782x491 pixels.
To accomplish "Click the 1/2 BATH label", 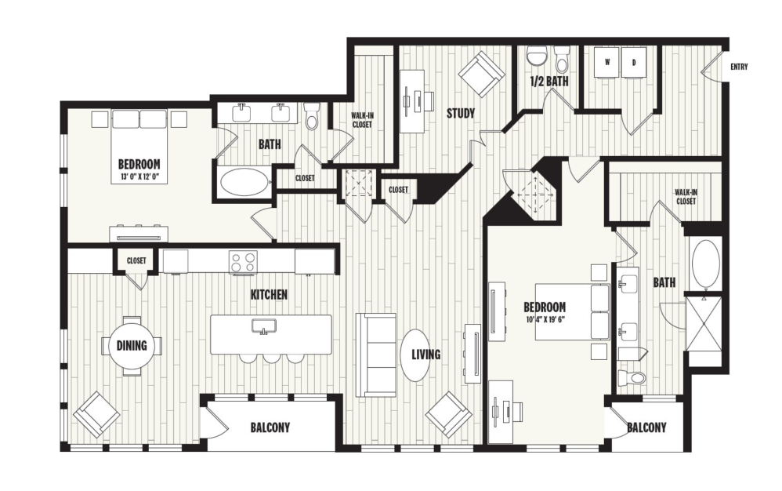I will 549,81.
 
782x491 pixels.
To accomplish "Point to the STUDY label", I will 461,113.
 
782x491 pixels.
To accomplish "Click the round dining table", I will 132,345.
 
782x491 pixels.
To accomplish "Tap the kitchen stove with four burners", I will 243,261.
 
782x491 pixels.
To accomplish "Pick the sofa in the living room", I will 376,355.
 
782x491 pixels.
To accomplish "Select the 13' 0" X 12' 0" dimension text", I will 139,176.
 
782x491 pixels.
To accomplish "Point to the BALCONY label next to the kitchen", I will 270,427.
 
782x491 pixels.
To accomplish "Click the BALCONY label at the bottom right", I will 646,427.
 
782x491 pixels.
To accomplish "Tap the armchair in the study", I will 482,74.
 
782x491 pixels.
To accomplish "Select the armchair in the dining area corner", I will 96,413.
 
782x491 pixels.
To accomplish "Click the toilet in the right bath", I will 631,379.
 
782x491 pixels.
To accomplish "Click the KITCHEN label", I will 269,295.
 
